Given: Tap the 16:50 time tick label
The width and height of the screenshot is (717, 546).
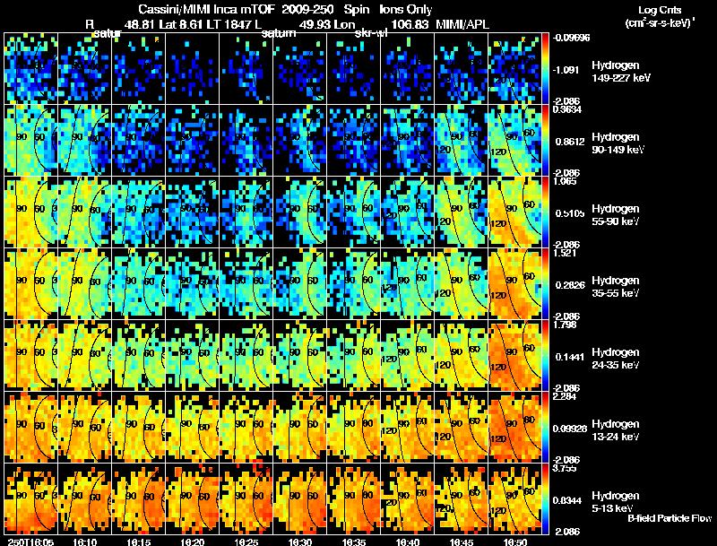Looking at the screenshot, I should click(x=518, y=542).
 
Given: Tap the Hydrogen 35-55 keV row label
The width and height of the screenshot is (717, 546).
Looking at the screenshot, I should click(x=618, y=286).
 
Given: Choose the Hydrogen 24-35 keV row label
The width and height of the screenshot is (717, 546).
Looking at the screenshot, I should click(x=618, y=358).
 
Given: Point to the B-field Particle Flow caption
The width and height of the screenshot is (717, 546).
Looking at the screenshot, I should click(x=669, y=518).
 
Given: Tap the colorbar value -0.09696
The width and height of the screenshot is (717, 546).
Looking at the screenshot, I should click(x=571, y=39).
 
